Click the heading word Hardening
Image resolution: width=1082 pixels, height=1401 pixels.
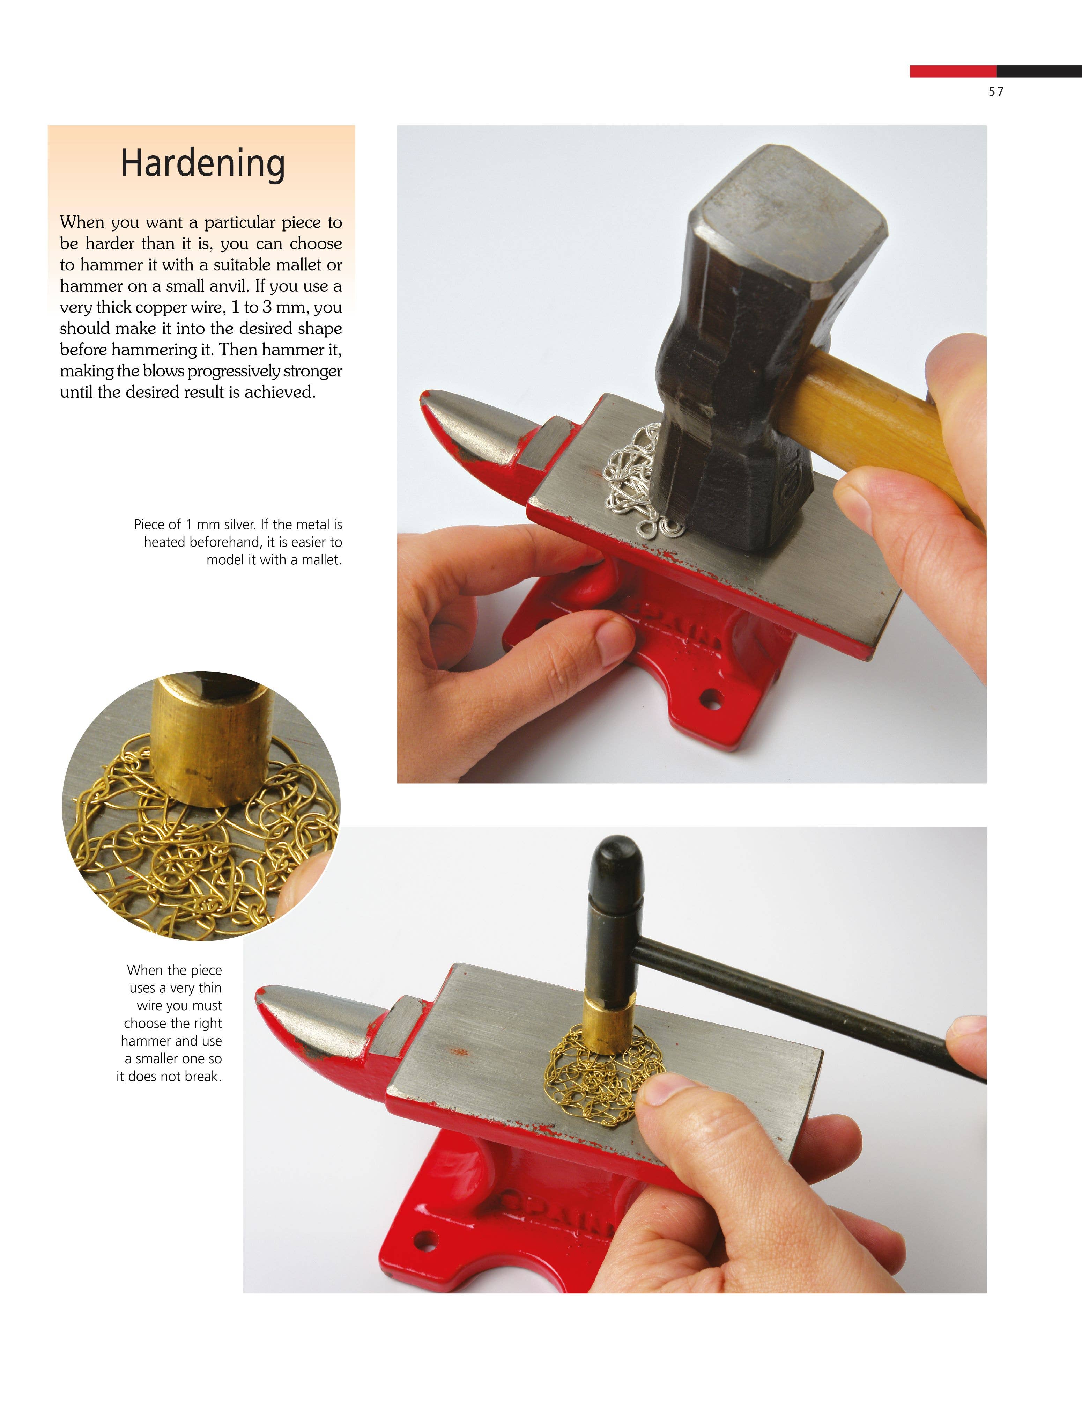pos(202,163)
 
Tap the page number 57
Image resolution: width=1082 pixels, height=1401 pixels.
pos(996,92)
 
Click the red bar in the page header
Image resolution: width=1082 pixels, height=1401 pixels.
pos(953,71)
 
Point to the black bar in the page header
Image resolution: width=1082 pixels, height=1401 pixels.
pos(1039,71)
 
